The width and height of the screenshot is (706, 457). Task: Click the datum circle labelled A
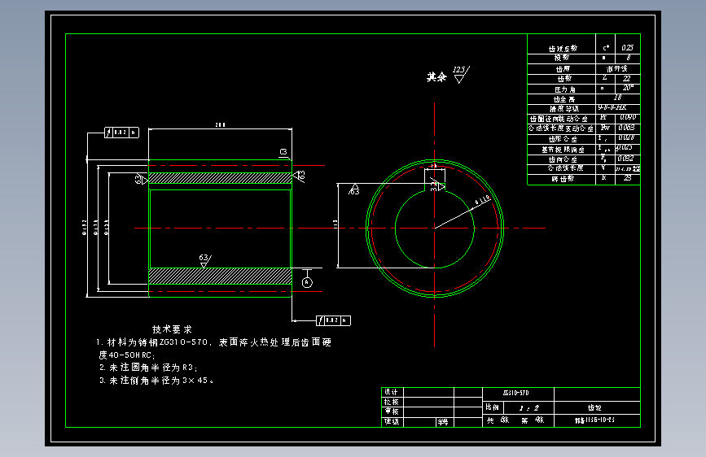[306, 281]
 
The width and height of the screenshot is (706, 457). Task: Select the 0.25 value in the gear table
[627, 48]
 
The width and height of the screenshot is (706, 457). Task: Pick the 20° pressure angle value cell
[627, 88]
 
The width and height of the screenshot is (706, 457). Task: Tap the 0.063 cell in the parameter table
[627, 128]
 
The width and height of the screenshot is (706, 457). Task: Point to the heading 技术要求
[172, 329]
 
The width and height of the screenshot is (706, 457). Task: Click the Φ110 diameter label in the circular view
[482, 199]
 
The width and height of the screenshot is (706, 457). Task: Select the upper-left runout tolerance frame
[121, 131]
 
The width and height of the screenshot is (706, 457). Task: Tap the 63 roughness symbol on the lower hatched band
[204, 260]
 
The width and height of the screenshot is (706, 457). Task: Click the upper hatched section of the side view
[220, 178]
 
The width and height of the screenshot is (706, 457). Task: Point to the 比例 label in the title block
[492, 407]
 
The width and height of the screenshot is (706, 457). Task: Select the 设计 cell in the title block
[391, 392]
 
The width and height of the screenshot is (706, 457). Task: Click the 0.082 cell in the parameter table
[627, 158]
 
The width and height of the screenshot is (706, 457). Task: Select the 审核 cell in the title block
[391, 411]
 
